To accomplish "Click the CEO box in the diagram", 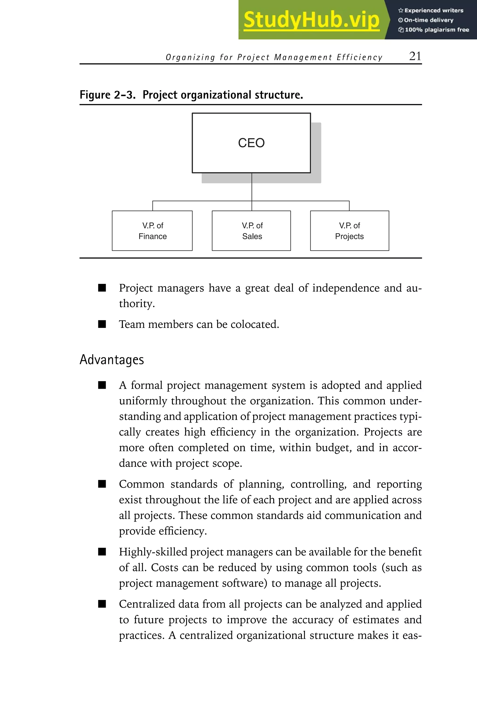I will coord(251,143).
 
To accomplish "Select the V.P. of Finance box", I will coord(152,231).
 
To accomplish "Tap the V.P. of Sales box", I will coord(251,231).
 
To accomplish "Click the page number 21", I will coord(415,56).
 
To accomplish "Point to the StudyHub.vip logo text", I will coord(311,20).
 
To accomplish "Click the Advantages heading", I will coord(112,360).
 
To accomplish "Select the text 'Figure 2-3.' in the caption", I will coord(107,95).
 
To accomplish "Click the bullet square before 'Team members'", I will coord(102,324).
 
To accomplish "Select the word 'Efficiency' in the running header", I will coord(359,57).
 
